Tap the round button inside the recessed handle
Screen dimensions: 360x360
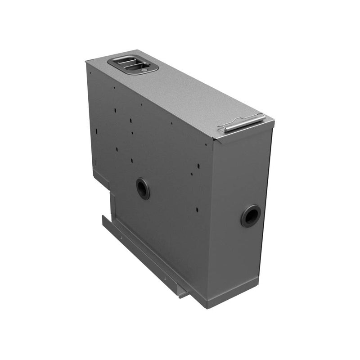click(x=143, y=70)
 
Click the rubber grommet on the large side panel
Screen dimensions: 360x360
click(x=143, y=188)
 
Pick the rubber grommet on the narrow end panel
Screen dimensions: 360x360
click(x=250, y=216)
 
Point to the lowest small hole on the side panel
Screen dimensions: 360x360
click(x=197, y=210)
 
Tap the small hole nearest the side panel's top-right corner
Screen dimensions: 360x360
click(x=206, y=144)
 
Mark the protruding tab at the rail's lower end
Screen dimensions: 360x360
click(x=184, y=293)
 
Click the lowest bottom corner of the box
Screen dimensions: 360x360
click(x=207, y=308)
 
